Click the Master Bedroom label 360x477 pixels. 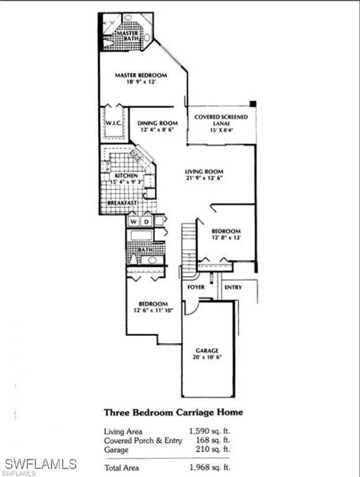click(x=140, y=75)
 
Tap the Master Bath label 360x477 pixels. click(x=129, y=36)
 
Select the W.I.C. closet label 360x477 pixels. click(x=112, y=123)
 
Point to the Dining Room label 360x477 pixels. click(x=158, y=123)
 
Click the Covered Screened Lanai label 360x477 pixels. click(x=221, y=117)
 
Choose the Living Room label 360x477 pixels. click(x=204, y=171)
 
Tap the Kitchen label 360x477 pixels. click(x=124, y=176)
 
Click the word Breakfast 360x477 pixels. click(x=122, y=203)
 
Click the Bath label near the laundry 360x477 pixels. click(x=137, y=250)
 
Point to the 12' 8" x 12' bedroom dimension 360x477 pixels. click(x=225, y=237)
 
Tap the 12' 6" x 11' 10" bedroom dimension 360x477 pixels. click(x=153, y=310)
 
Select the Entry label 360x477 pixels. click(x=233, y=288)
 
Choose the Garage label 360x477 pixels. click(x=207, y=350)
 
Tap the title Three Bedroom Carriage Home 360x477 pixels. click(x=173, y=412)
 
